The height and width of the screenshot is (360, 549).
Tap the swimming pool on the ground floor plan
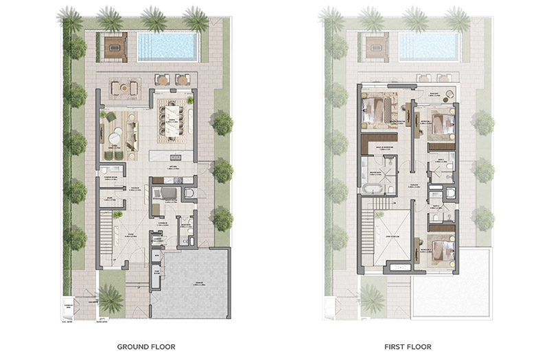point(167,47)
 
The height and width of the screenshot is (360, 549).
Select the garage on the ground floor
point(190,282)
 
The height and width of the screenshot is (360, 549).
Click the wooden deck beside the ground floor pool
point(114,46)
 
